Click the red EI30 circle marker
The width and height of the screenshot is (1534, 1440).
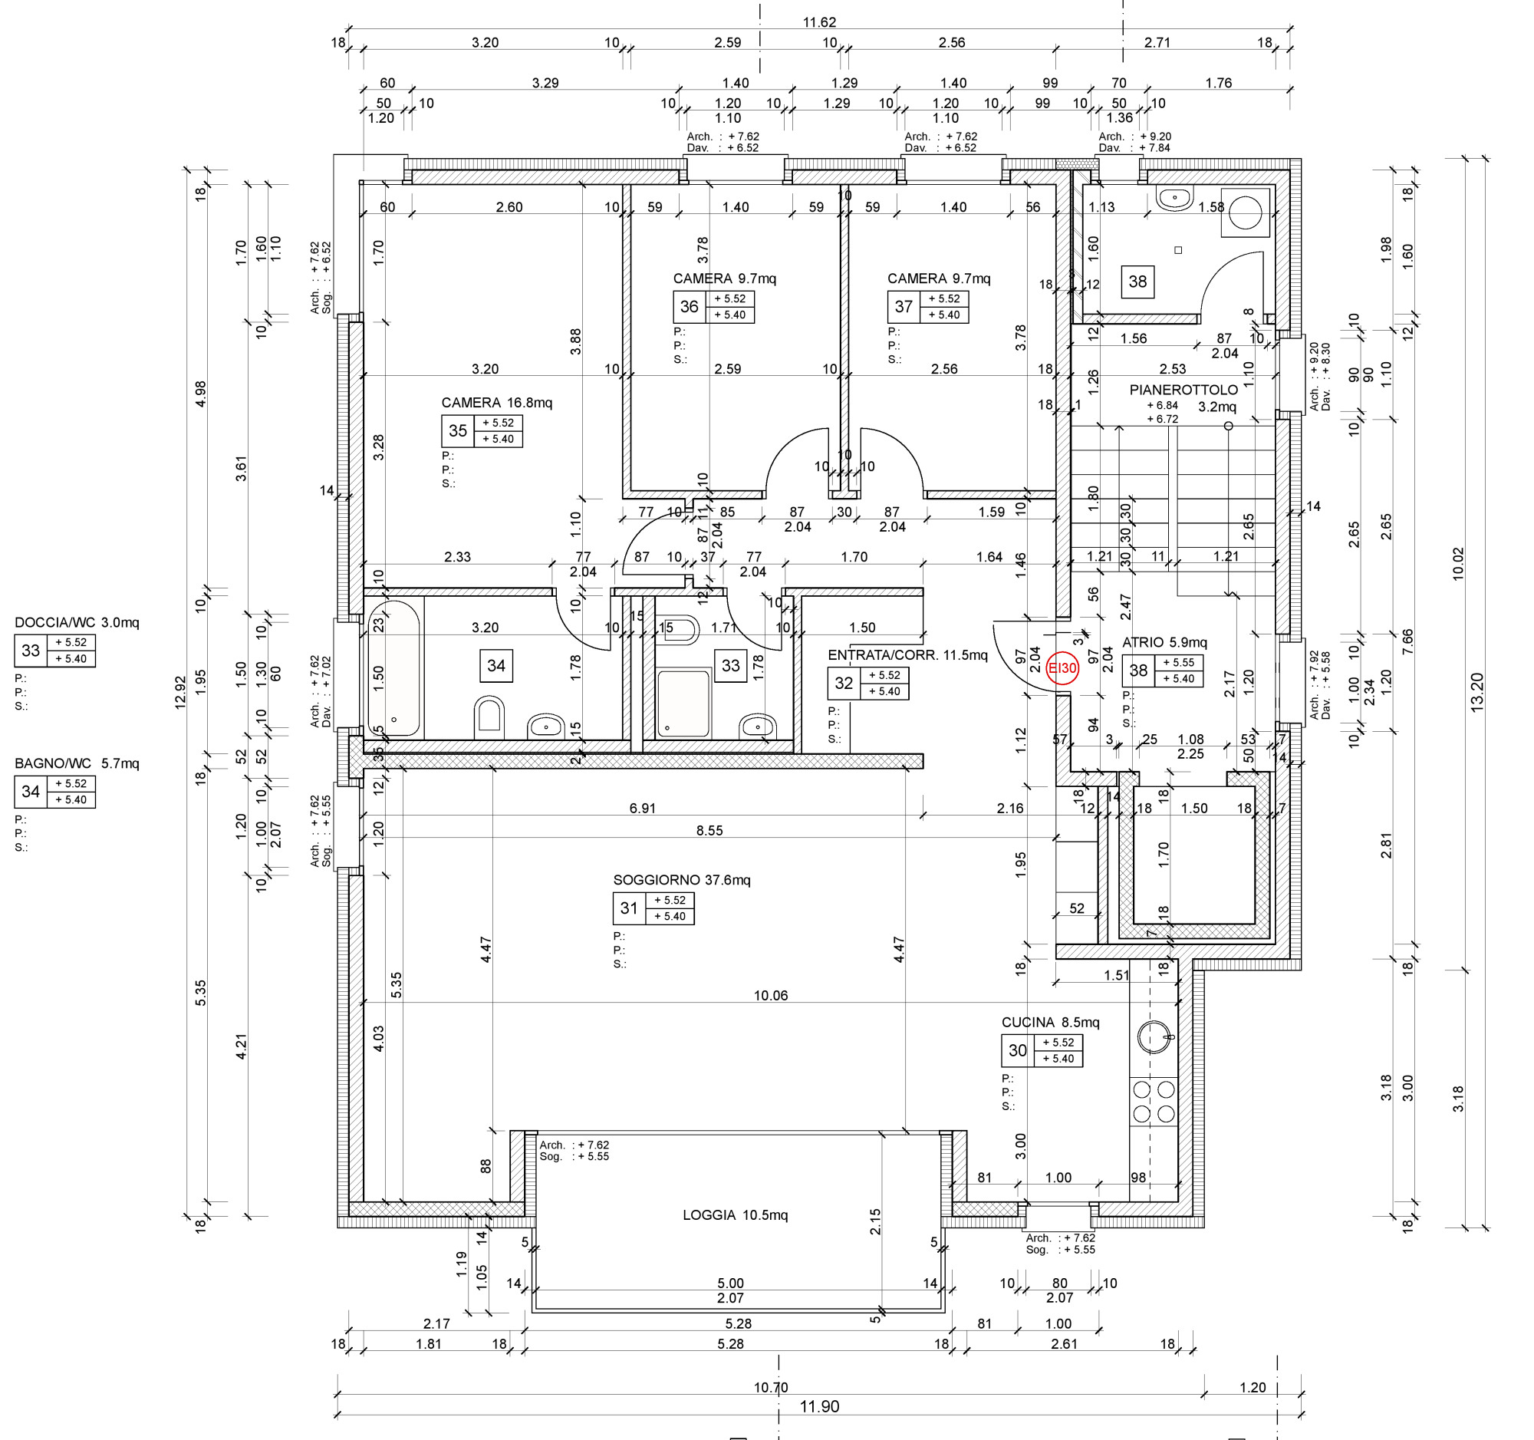pyautogui.click(x=1062, y=668)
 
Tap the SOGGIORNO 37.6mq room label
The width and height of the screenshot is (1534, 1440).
pyautogui.click(x=681, y=880)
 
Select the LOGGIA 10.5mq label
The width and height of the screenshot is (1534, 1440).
pyautogui.click(x=736, y=1214)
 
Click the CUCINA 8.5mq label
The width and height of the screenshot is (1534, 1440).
pyautogui.click(x=1050, y=1022)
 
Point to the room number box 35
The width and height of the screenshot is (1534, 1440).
pyautogui.click(x=458, y=430)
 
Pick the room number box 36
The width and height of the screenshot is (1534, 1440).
pyautogui.click(x=689, y=307)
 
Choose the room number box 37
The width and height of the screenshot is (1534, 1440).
pyautogui.click(x=904, y=307)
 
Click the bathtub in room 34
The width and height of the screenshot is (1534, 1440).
pyautogui.click(x=393, y=668)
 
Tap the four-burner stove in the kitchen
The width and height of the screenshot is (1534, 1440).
pyautogui.click(x=1154, y=1101)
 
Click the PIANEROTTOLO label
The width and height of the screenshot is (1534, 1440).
pyautogui.click(x=1183, y=390)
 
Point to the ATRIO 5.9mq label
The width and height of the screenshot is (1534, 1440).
pyautogui.click(x=1164, y=642)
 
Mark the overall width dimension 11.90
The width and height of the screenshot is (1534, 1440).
pyautogui.click(x=819, y=1406)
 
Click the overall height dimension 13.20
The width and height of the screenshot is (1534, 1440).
pyautogui.click(x=1477, y=692)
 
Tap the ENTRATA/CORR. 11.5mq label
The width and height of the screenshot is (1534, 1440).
pyautogui.click(x=907, y=655)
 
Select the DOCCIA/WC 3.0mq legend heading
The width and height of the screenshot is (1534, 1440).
pyautogui.click(x=77, y=623)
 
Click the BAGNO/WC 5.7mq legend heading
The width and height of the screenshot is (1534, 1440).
pyautogui.click(x=77, y=763)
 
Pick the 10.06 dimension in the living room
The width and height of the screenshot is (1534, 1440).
pyautogui.click(x=771, y=996)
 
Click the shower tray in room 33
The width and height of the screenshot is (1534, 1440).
pyautogui.click(x=683, y=703)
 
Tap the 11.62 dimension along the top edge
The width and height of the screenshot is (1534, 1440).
pyautogui.click(x=819, y=22)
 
